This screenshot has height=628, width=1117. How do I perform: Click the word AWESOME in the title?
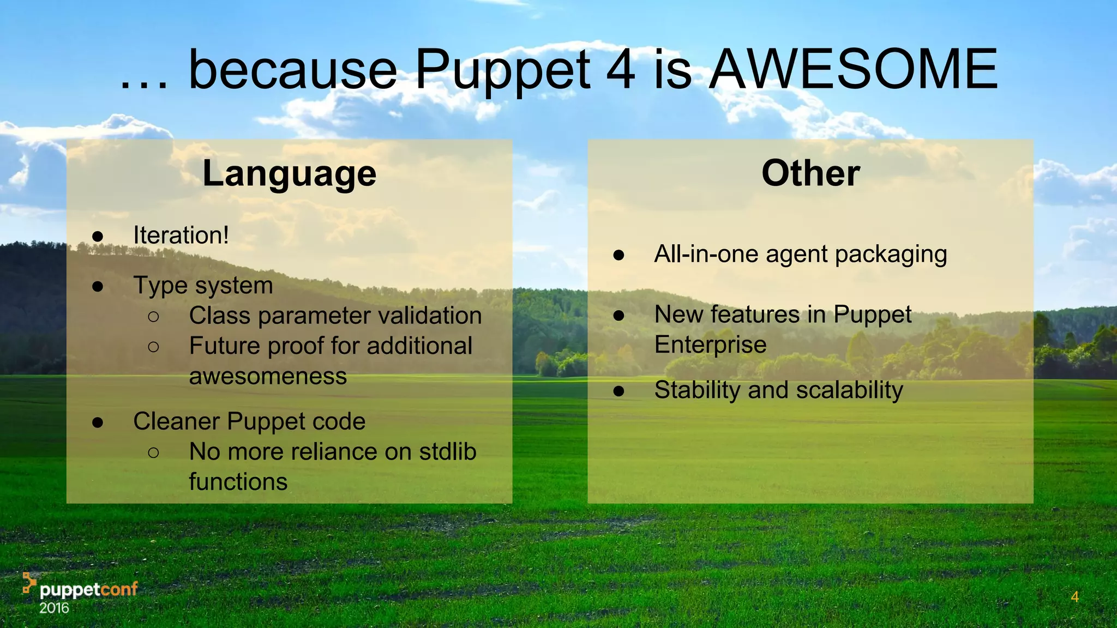[854, 70]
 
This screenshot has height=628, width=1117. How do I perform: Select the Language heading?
[290, 174]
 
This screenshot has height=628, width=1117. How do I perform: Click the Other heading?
[810, 173]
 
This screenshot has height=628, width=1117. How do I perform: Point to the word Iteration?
[181, 235]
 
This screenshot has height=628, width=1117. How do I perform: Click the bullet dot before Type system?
[98, 286]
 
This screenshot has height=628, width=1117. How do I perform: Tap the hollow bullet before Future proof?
[153, 346]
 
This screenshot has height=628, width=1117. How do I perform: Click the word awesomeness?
[268, 376]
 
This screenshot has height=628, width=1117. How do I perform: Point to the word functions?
[238, 482]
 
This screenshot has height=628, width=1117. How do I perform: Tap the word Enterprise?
[710, 345]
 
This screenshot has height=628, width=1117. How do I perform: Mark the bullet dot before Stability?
[618, 391]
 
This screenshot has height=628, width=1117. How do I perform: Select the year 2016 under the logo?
[54, 608]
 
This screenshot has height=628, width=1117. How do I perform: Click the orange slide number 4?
[1074, 597]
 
